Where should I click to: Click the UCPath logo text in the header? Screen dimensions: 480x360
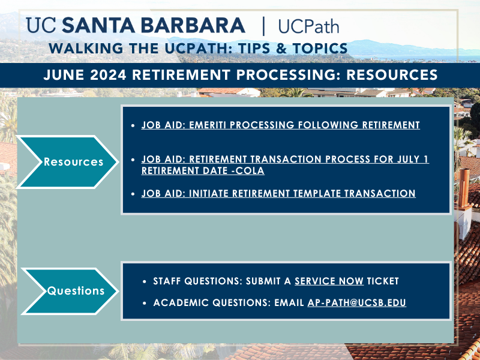tap(308, 26)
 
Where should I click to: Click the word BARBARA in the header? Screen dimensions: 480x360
tap(193, 25)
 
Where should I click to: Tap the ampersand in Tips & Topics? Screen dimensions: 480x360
tap(281, 49)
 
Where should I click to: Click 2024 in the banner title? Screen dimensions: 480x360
tap(108, 75)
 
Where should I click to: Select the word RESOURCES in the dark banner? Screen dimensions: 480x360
tap(392, 75)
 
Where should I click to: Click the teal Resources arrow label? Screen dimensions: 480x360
tap(73, 161)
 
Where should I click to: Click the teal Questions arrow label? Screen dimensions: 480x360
tap(76, 290)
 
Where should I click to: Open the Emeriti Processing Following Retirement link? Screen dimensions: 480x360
tap(280, 125)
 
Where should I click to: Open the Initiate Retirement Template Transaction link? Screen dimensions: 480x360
tap(278, 193)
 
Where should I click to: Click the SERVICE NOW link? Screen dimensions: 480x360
tap(329, 281)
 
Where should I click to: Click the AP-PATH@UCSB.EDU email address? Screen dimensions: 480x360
tap(356, 302)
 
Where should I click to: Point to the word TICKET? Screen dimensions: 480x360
tap(383, 281)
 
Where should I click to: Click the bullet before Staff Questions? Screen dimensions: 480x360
tap(145, 281)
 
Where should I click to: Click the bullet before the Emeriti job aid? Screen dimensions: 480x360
tap(133, 125)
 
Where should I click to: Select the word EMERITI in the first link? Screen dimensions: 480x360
tap(208, 125)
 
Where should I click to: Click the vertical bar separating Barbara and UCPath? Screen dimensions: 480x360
tap(263, 26)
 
